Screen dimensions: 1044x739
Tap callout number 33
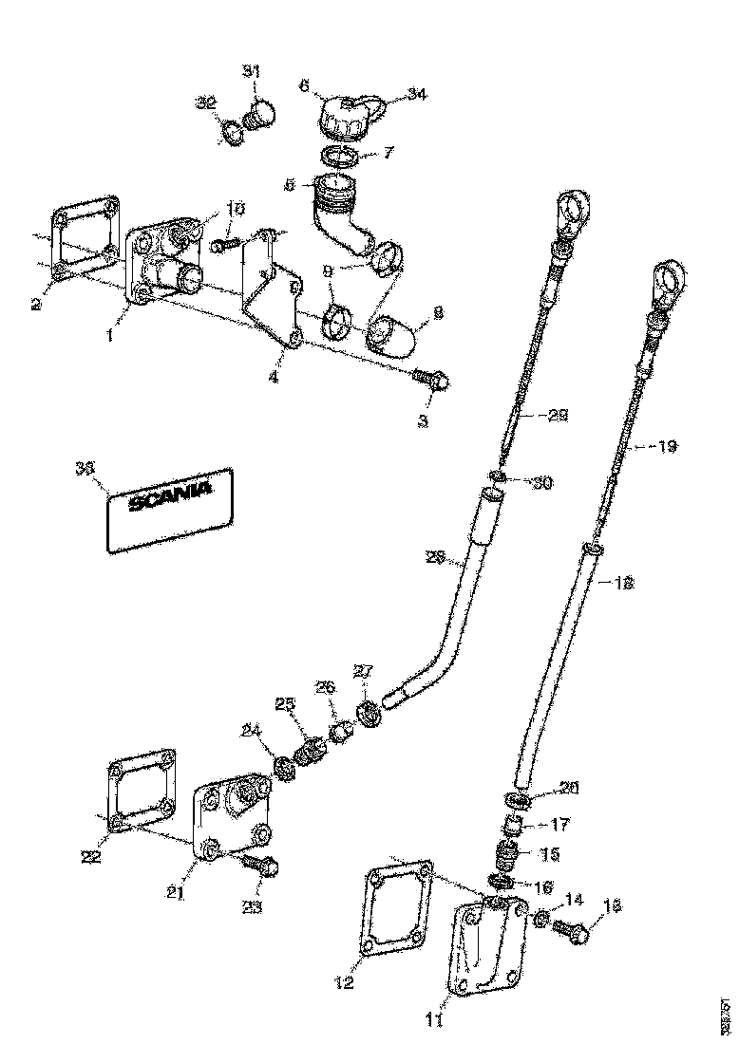pyautogui.click(x=85, y=466)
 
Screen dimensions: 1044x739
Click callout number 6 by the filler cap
pyautogui.click(x=304, y=85)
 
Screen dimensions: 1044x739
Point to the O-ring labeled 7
pyautogui.click(x=337, y=155)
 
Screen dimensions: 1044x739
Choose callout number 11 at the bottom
pyautogui.click(x=434, y=1021)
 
